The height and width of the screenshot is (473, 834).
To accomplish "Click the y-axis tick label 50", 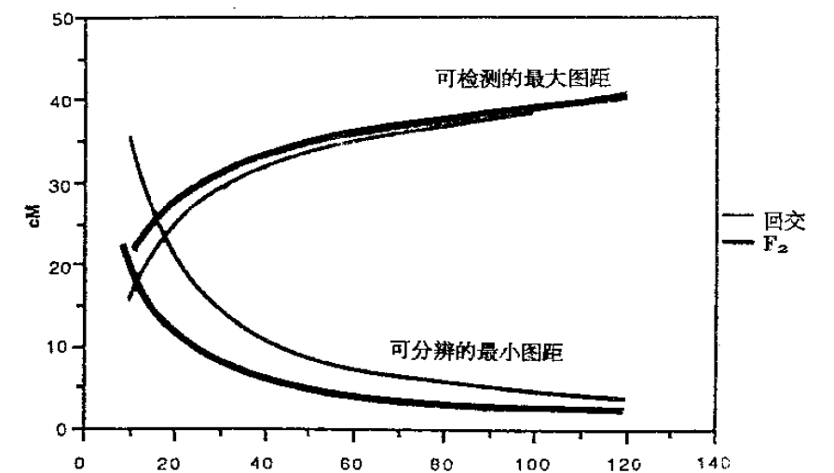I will tap(62, 19).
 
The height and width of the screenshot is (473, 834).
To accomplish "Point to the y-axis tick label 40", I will tap(62, 100).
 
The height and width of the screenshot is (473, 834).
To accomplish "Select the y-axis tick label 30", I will tap(62, 183).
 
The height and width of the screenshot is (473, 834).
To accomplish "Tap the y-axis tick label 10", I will tap(62, 347).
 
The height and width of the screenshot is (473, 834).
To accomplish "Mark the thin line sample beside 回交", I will tap(739, 217).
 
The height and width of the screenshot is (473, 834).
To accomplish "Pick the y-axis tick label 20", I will tap(62, 265).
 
